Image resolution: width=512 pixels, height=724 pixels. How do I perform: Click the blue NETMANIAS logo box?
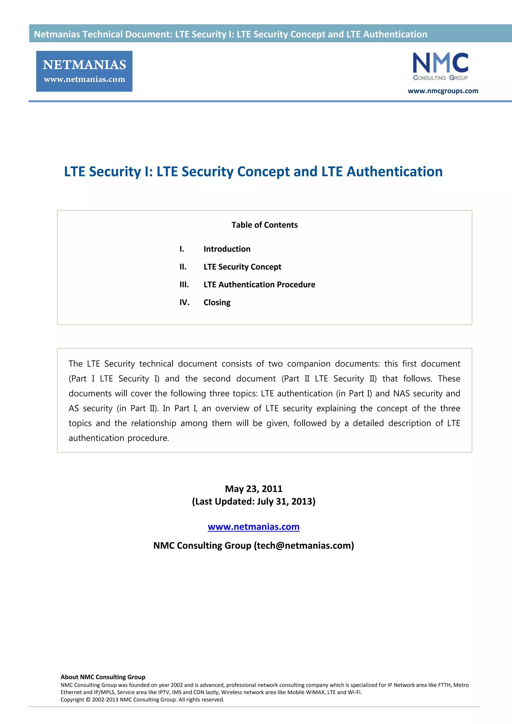84,71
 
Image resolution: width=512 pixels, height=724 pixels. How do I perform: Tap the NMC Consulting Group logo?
440,66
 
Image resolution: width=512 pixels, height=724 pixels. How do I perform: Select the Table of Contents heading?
264,225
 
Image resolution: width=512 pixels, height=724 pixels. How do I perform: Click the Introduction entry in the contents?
227,249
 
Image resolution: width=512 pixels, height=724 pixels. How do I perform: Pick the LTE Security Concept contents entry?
242,267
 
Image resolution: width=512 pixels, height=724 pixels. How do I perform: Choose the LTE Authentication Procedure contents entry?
259,285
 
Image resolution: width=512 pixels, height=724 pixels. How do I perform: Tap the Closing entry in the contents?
217,302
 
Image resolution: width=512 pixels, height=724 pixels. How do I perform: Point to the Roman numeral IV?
184,302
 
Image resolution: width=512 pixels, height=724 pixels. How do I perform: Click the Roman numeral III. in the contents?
184,285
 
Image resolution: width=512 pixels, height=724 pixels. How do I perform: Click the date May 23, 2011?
253,489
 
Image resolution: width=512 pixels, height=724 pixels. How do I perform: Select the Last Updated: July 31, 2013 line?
253,501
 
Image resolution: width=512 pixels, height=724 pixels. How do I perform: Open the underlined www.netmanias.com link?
253,526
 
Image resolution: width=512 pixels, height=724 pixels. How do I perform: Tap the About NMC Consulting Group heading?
103,677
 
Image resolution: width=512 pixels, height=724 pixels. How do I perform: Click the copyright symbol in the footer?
88,700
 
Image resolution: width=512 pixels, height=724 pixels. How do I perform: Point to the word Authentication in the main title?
394,172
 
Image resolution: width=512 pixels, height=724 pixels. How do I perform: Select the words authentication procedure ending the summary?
118,438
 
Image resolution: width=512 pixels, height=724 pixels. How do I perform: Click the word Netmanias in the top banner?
57,34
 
